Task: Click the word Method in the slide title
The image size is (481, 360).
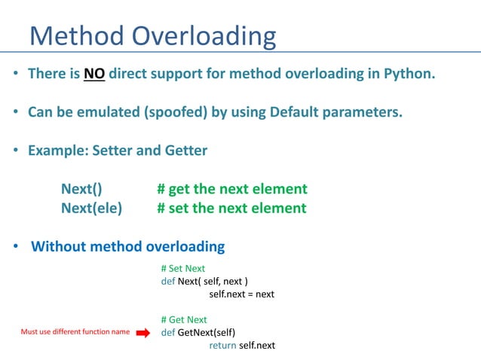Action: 78,35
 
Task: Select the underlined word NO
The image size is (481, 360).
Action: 93,75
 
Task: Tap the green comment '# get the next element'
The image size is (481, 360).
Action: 231,189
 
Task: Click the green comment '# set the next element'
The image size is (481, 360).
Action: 231,208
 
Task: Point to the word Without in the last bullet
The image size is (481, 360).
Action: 60,246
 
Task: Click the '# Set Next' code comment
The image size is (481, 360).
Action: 182,268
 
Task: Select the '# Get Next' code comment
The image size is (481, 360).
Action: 183,319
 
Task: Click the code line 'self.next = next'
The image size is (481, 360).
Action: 241,294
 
